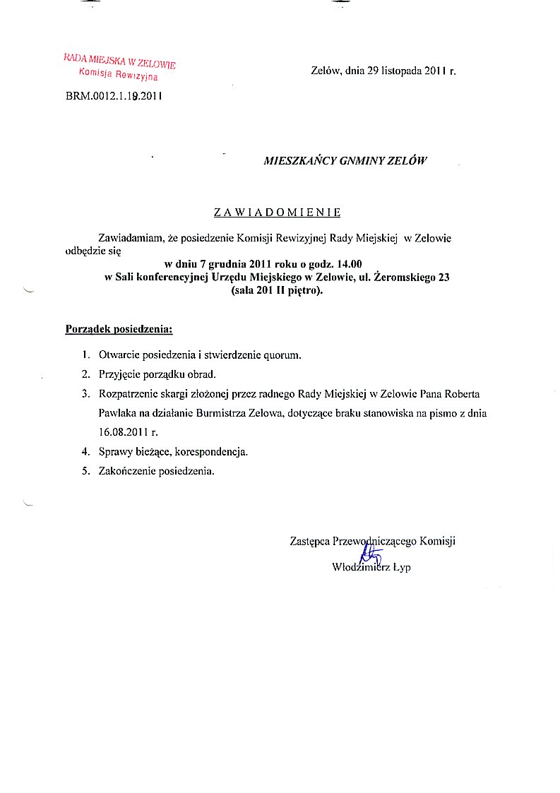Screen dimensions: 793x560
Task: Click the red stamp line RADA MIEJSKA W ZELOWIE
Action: [x=119, y=61]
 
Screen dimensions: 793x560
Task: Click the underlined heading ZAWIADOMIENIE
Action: [x=278, y=212]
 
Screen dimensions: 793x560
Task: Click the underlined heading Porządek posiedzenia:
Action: [x=119, y=329]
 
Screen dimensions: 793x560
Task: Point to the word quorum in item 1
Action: [x=285, y=355]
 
